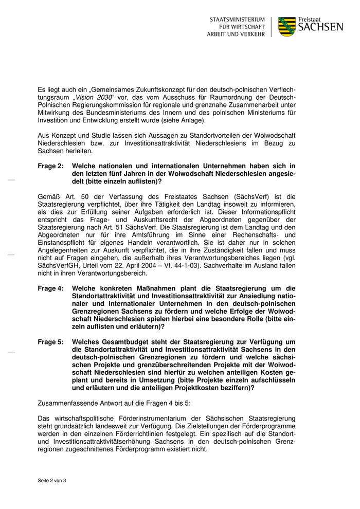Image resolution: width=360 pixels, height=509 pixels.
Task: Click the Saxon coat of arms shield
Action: pyautogui.click(x=287, y=26)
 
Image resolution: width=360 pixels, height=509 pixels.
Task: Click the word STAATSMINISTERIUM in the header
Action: pyautogui.click(x=237, y=20)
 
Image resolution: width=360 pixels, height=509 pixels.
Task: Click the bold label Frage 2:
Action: pyautogui.click(x=50, y=166)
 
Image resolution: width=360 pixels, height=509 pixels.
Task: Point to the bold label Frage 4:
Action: pyautogui.click(x=50, y=288)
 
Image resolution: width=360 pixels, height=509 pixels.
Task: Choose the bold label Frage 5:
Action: pyautogui.click(x=50, y=342)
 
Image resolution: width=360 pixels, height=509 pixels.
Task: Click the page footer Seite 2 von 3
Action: pyautogui.click(x=52, y=481)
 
